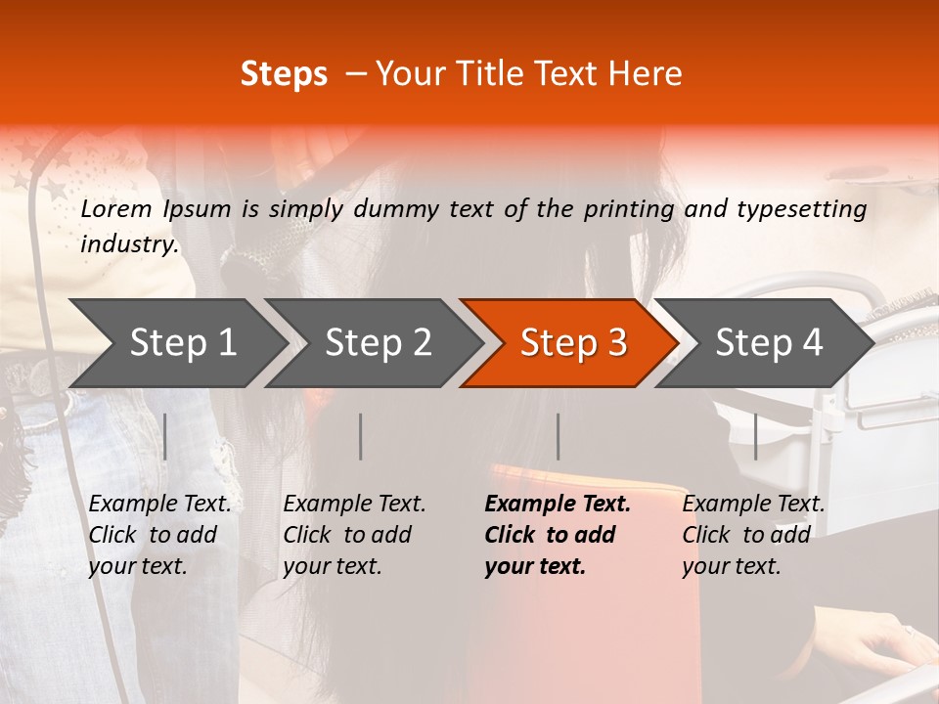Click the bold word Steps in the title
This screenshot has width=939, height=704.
click(284, 74)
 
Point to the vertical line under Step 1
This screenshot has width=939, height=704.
click(165, 436)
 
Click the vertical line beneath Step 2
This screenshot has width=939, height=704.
click(361, 436)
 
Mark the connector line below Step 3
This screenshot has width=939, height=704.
click(559, 436)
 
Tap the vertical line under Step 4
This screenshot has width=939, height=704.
click(756, 436)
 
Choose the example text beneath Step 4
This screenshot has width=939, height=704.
click(753, 535)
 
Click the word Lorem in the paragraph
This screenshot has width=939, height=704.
click(116, 209)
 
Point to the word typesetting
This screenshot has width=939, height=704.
click(801, 209)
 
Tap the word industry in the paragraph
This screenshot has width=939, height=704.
click(128, 244)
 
